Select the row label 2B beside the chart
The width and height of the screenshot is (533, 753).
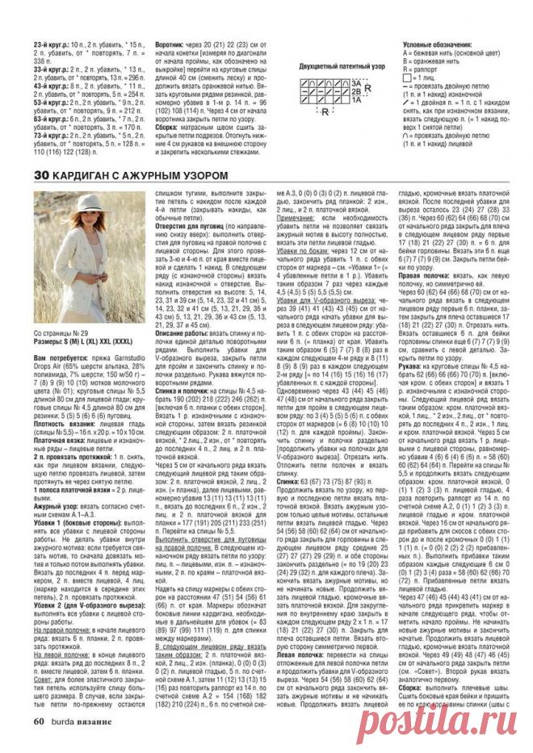pyautogui.click(x=355, y=91)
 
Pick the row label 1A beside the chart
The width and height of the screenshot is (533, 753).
pyautogui.click(x=355, y=98)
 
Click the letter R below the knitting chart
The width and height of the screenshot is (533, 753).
pyautogui.click(x=325, y=111)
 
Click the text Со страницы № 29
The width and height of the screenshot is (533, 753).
pyautogui.click(x=60, y=332)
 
